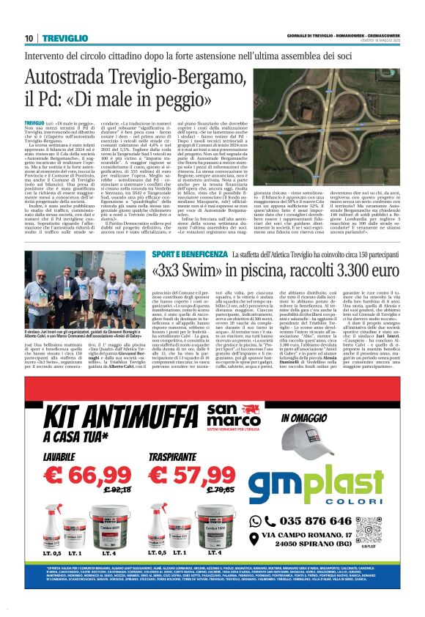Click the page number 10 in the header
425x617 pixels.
pyautogui.click(x=29, y=37)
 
